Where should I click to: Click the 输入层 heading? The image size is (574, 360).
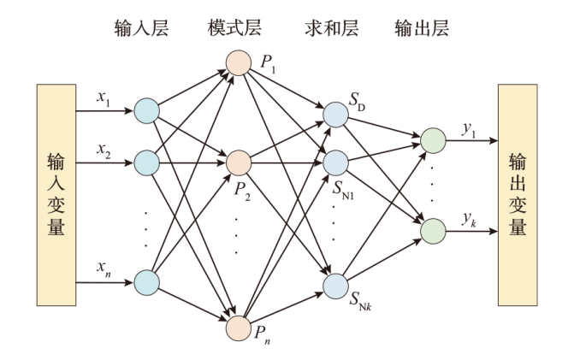141,28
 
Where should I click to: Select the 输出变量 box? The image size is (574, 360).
518,195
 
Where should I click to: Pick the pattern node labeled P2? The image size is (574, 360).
239,160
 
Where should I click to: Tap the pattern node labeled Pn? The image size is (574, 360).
239,326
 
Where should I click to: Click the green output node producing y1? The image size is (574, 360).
432,137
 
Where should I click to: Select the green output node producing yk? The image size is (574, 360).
432,230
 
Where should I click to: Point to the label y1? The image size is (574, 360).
468,127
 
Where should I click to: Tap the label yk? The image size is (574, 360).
469,221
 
